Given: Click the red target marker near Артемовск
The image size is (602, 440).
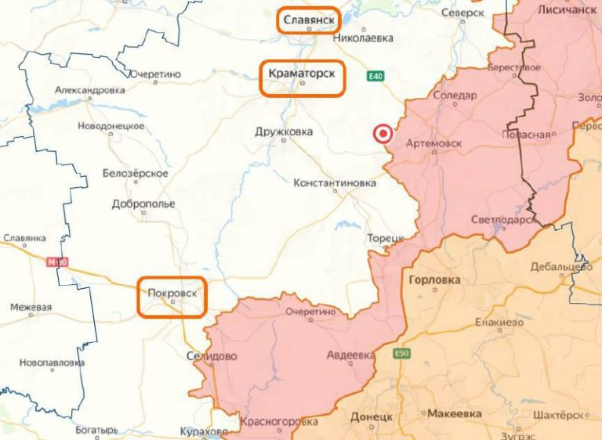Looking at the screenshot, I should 383,134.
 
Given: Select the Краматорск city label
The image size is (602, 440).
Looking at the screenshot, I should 302,73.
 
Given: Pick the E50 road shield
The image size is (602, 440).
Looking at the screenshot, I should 402,354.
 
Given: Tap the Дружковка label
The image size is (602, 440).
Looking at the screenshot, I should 284,132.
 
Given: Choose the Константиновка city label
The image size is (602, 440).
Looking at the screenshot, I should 334,183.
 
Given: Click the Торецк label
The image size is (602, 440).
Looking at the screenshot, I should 385,237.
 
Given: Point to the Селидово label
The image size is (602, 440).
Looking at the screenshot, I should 212,356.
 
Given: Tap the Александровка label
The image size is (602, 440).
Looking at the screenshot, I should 89,90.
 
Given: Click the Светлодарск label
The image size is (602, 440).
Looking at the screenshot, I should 504,220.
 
